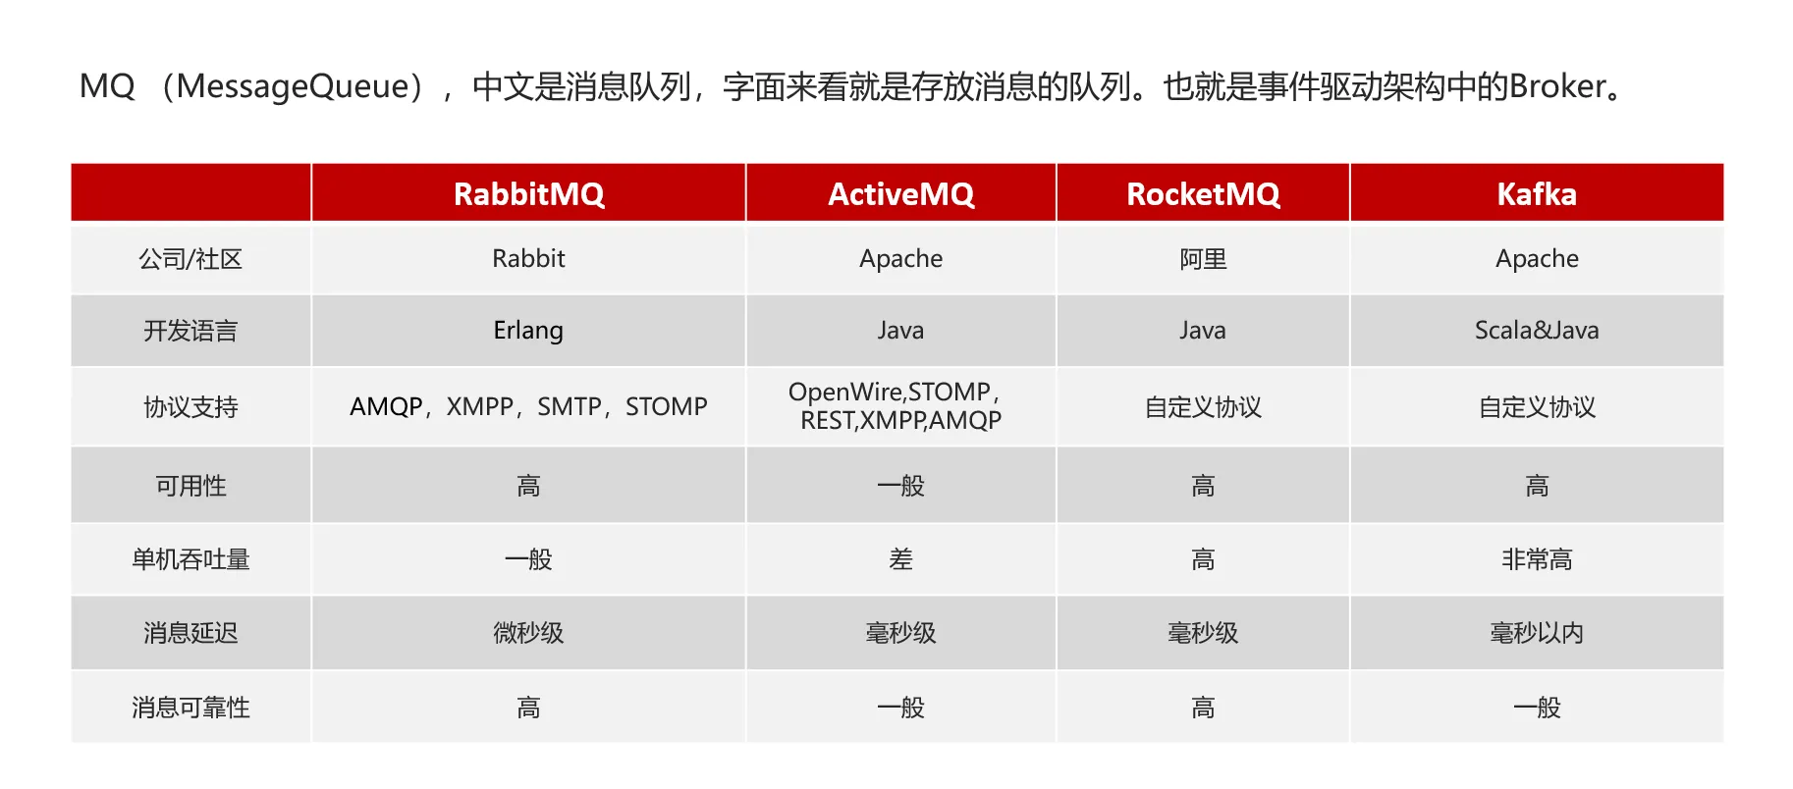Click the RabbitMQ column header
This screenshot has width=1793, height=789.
pyautogui.click(x=528, y=194)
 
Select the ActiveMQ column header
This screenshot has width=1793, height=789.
pyautogui.click(x=900, y=194)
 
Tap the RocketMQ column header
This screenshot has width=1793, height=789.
pyautogui.click(x=1203, y=194)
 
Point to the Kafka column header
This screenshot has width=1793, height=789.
pyautogui.click(x=1537, y=194)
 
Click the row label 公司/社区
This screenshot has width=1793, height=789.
pyautogui.click(x=190, y=259)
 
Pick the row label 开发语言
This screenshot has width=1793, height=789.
pyautogui.click(x=190, y=331)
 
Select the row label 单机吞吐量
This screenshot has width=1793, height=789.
pyautogui.click(x=190, y=559)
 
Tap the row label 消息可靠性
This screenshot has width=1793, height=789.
pyautogui.click(x=190, y=708)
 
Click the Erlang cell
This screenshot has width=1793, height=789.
pyautogui.click(x=528, y=331)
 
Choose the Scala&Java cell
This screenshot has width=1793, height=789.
pyautogui.click(x=1537, y=331)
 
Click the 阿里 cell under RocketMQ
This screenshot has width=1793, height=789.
pyautogui.click(x=1203, y=259)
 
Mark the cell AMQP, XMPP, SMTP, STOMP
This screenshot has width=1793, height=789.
pyautogui.click(x=528, y=406)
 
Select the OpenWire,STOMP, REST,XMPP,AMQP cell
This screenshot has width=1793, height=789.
pyautogui.click(x=900, y=406)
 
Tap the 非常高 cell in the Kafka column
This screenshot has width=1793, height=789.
pyautogui.click(x=1537, y=559)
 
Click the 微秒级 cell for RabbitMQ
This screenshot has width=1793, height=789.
pyautogui.click(x=528, y=633)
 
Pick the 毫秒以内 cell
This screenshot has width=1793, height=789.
pyautogui.click(x=1537, y=633)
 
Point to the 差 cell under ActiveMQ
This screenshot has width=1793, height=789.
pyautogui.click(x=900, y=559)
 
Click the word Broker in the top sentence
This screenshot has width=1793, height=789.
pyautogui.click(x=1557, y=86)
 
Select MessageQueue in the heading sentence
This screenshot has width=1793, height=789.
pyautogui.click(x=293, y=86)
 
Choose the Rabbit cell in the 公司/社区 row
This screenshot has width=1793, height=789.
pyautogui.click(x=528, y=258)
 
